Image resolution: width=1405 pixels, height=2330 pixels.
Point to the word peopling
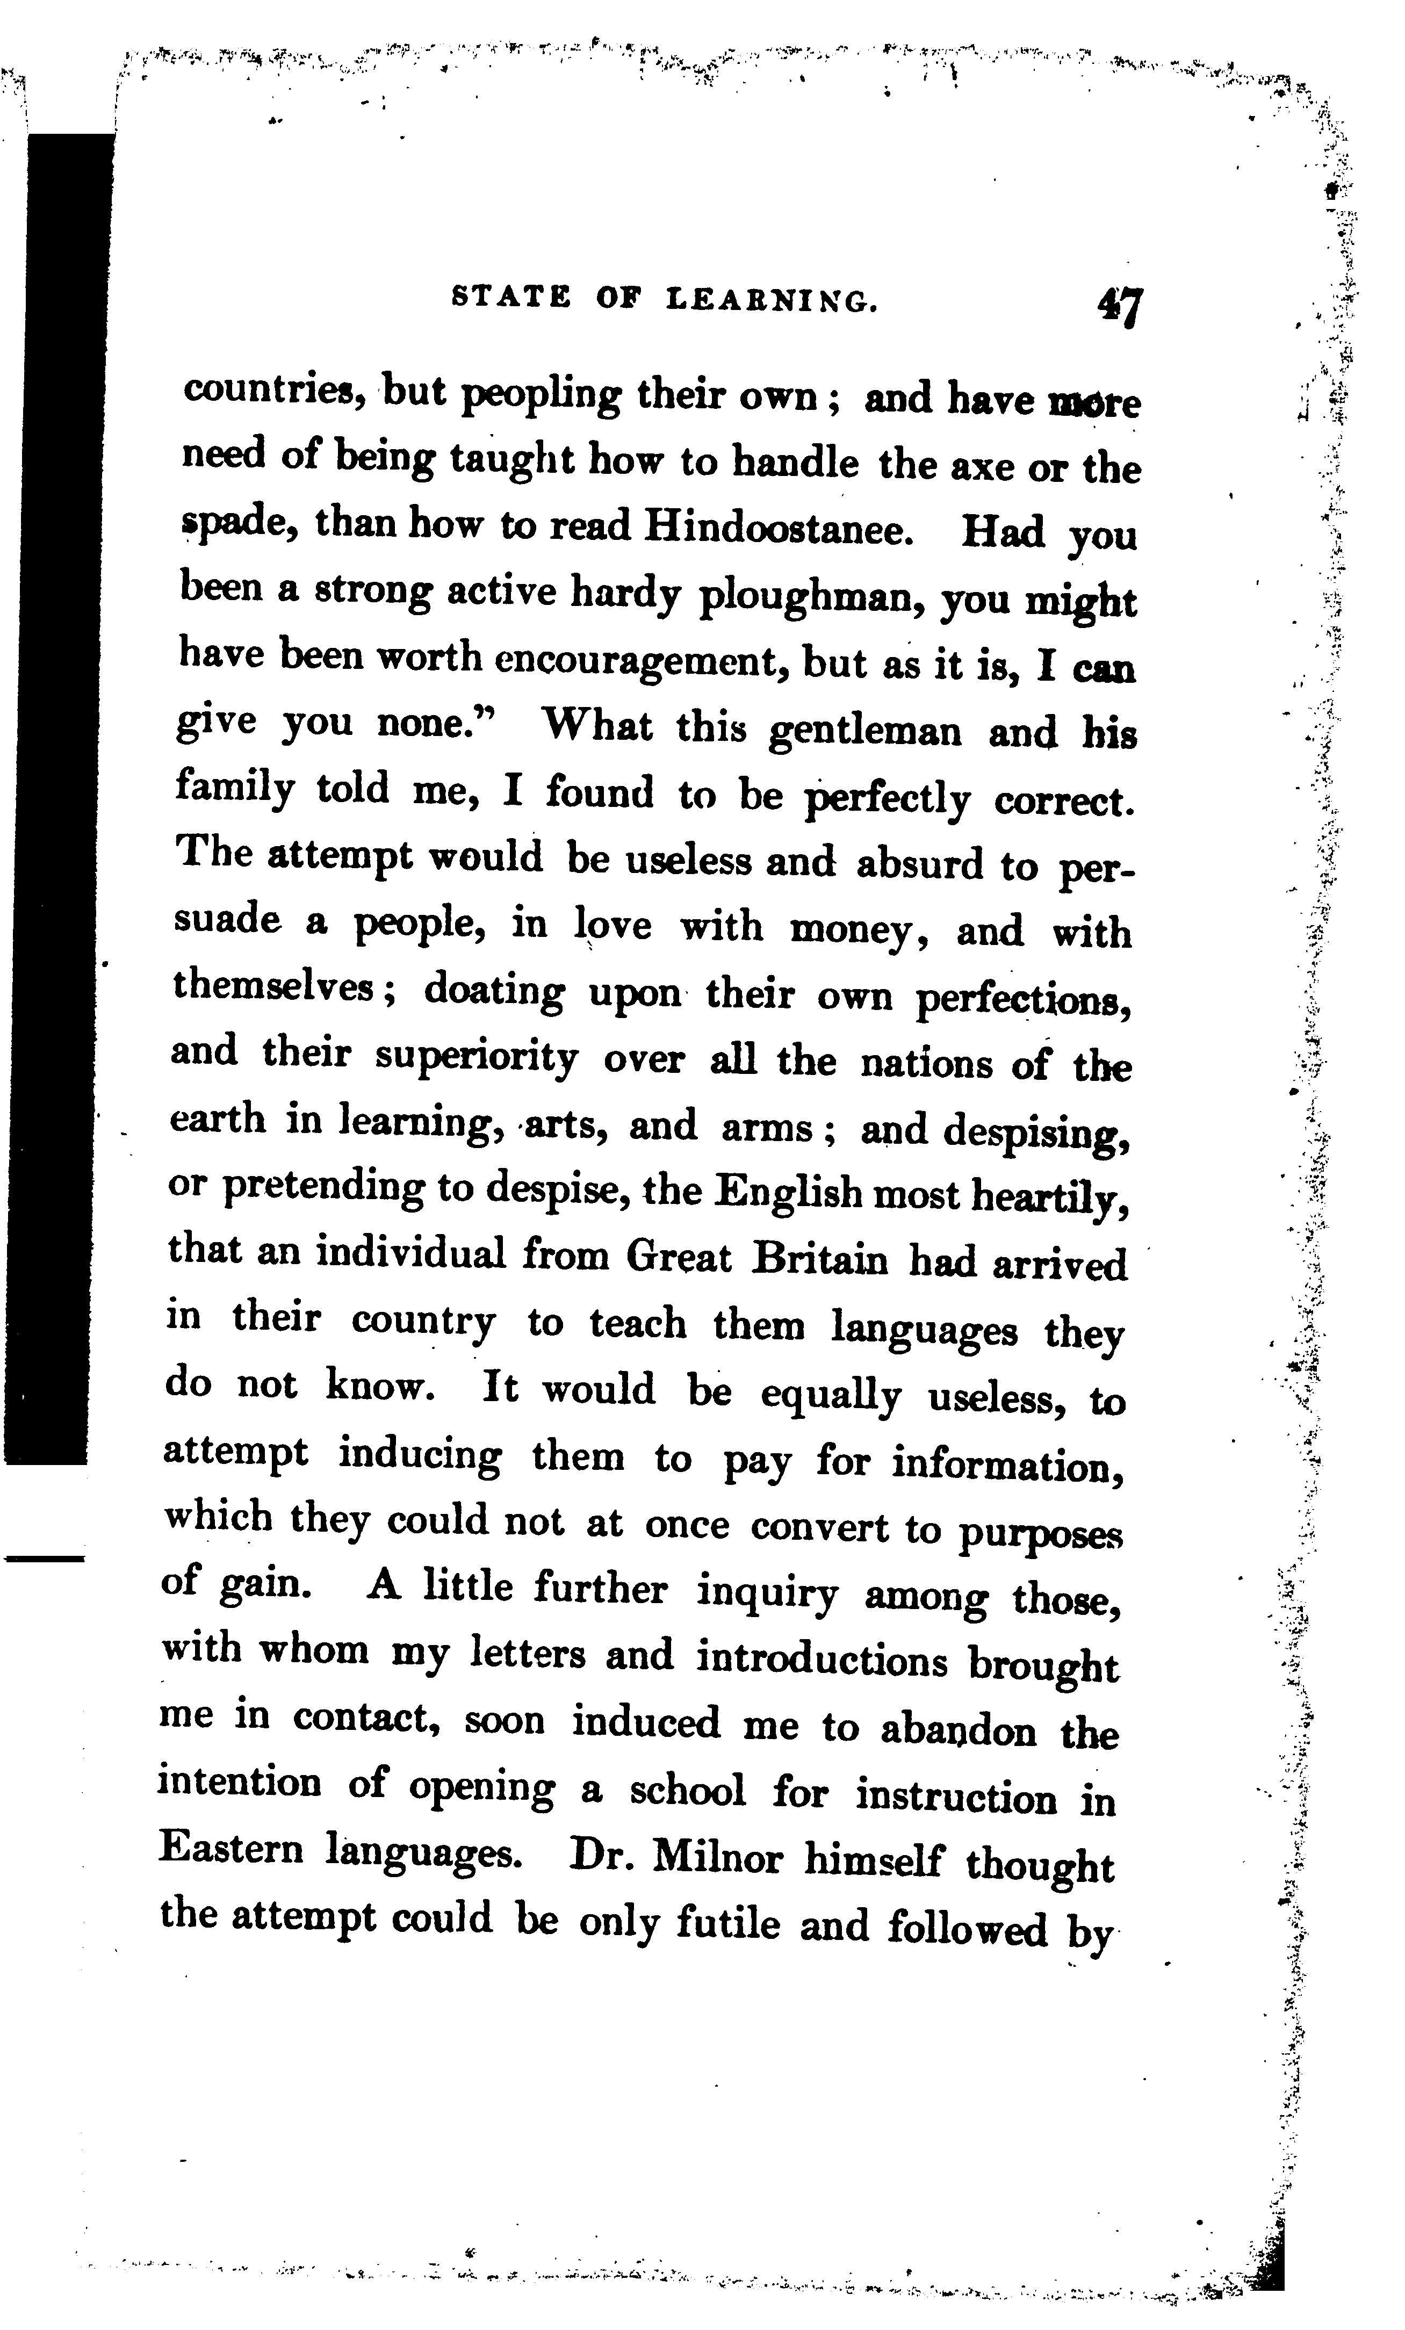click(x=541, y=395)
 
